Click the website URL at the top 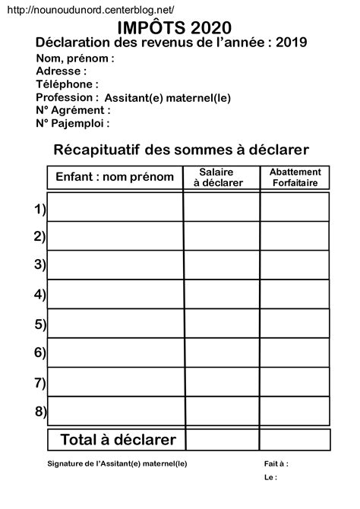point(93,9)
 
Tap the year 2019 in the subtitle point(292,43)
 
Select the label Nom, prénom point(75,58)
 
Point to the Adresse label point(62,71)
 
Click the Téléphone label point(67,84)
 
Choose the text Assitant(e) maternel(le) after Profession point(167,98)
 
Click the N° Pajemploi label point(73,123)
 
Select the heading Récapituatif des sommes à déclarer point(182,150)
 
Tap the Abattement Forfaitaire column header point(295,177)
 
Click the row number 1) point(40,208)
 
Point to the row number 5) point(40,324)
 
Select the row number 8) point(40,412)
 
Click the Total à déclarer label point(118,439)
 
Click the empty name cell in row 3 point(115,264)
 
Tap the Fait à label point(276,463)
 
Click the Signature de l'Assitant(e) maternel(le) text point(117,463)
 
